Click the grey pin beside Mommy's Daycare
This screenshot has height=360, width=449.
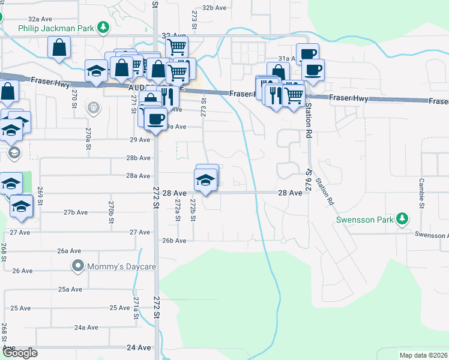pyautogui.click(x=77, y=265)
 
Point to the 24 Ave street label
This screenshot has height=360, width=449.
pyautogui.click(x=139, y=347)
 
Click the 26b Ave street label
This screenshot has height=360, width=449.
pyautogui.click(x=174, y=241)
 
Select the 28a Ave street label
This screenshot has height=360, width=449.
pyautogui.click(x=137, y=176)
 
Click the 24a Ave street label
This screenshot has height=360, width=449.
pyautogui.click(x=86, y=328)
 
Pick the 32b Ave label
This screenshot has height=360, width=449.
pyautogui.click(x=214, y=8)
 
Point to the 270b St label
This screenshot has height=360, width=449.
pyautogui.click(x=111, y=212)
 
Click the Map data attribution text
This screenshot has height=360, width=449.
pyautogui.click(x=424, y=355)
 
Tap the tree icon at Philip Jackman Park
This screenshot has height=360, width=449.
pyautogui.click(x=104, y=28)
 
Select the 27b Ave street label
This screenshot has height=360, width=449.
pyautogui.click(x=76, y=212)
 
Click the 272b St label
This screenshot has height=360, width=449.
pyautogui.click(x=193, y=211)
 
